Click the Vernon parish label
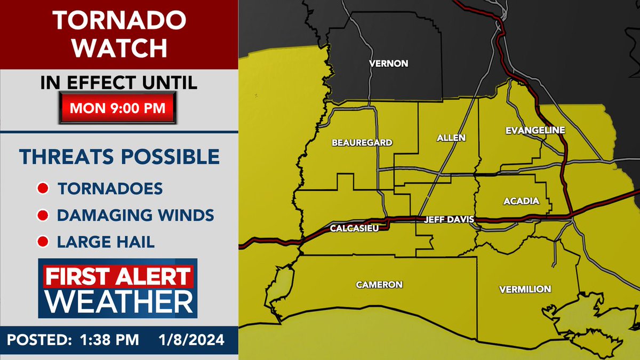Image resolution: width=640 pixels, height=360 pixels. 388,63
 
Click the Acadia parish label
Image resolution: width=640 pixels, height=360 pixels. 521,201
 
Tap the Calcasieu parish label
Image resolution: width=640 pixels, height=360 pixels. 355,228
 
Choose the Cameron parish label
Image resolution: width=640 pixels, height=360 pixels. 379,284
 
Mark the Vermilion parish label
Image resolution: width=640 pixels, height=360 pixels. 525,289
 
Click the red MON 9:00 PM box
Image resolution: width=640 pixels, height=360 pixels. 118,108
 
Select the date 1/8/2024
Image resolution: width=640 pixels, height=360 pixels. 191,339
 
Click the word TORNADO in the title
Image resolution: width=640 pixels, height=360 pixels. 118,21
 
